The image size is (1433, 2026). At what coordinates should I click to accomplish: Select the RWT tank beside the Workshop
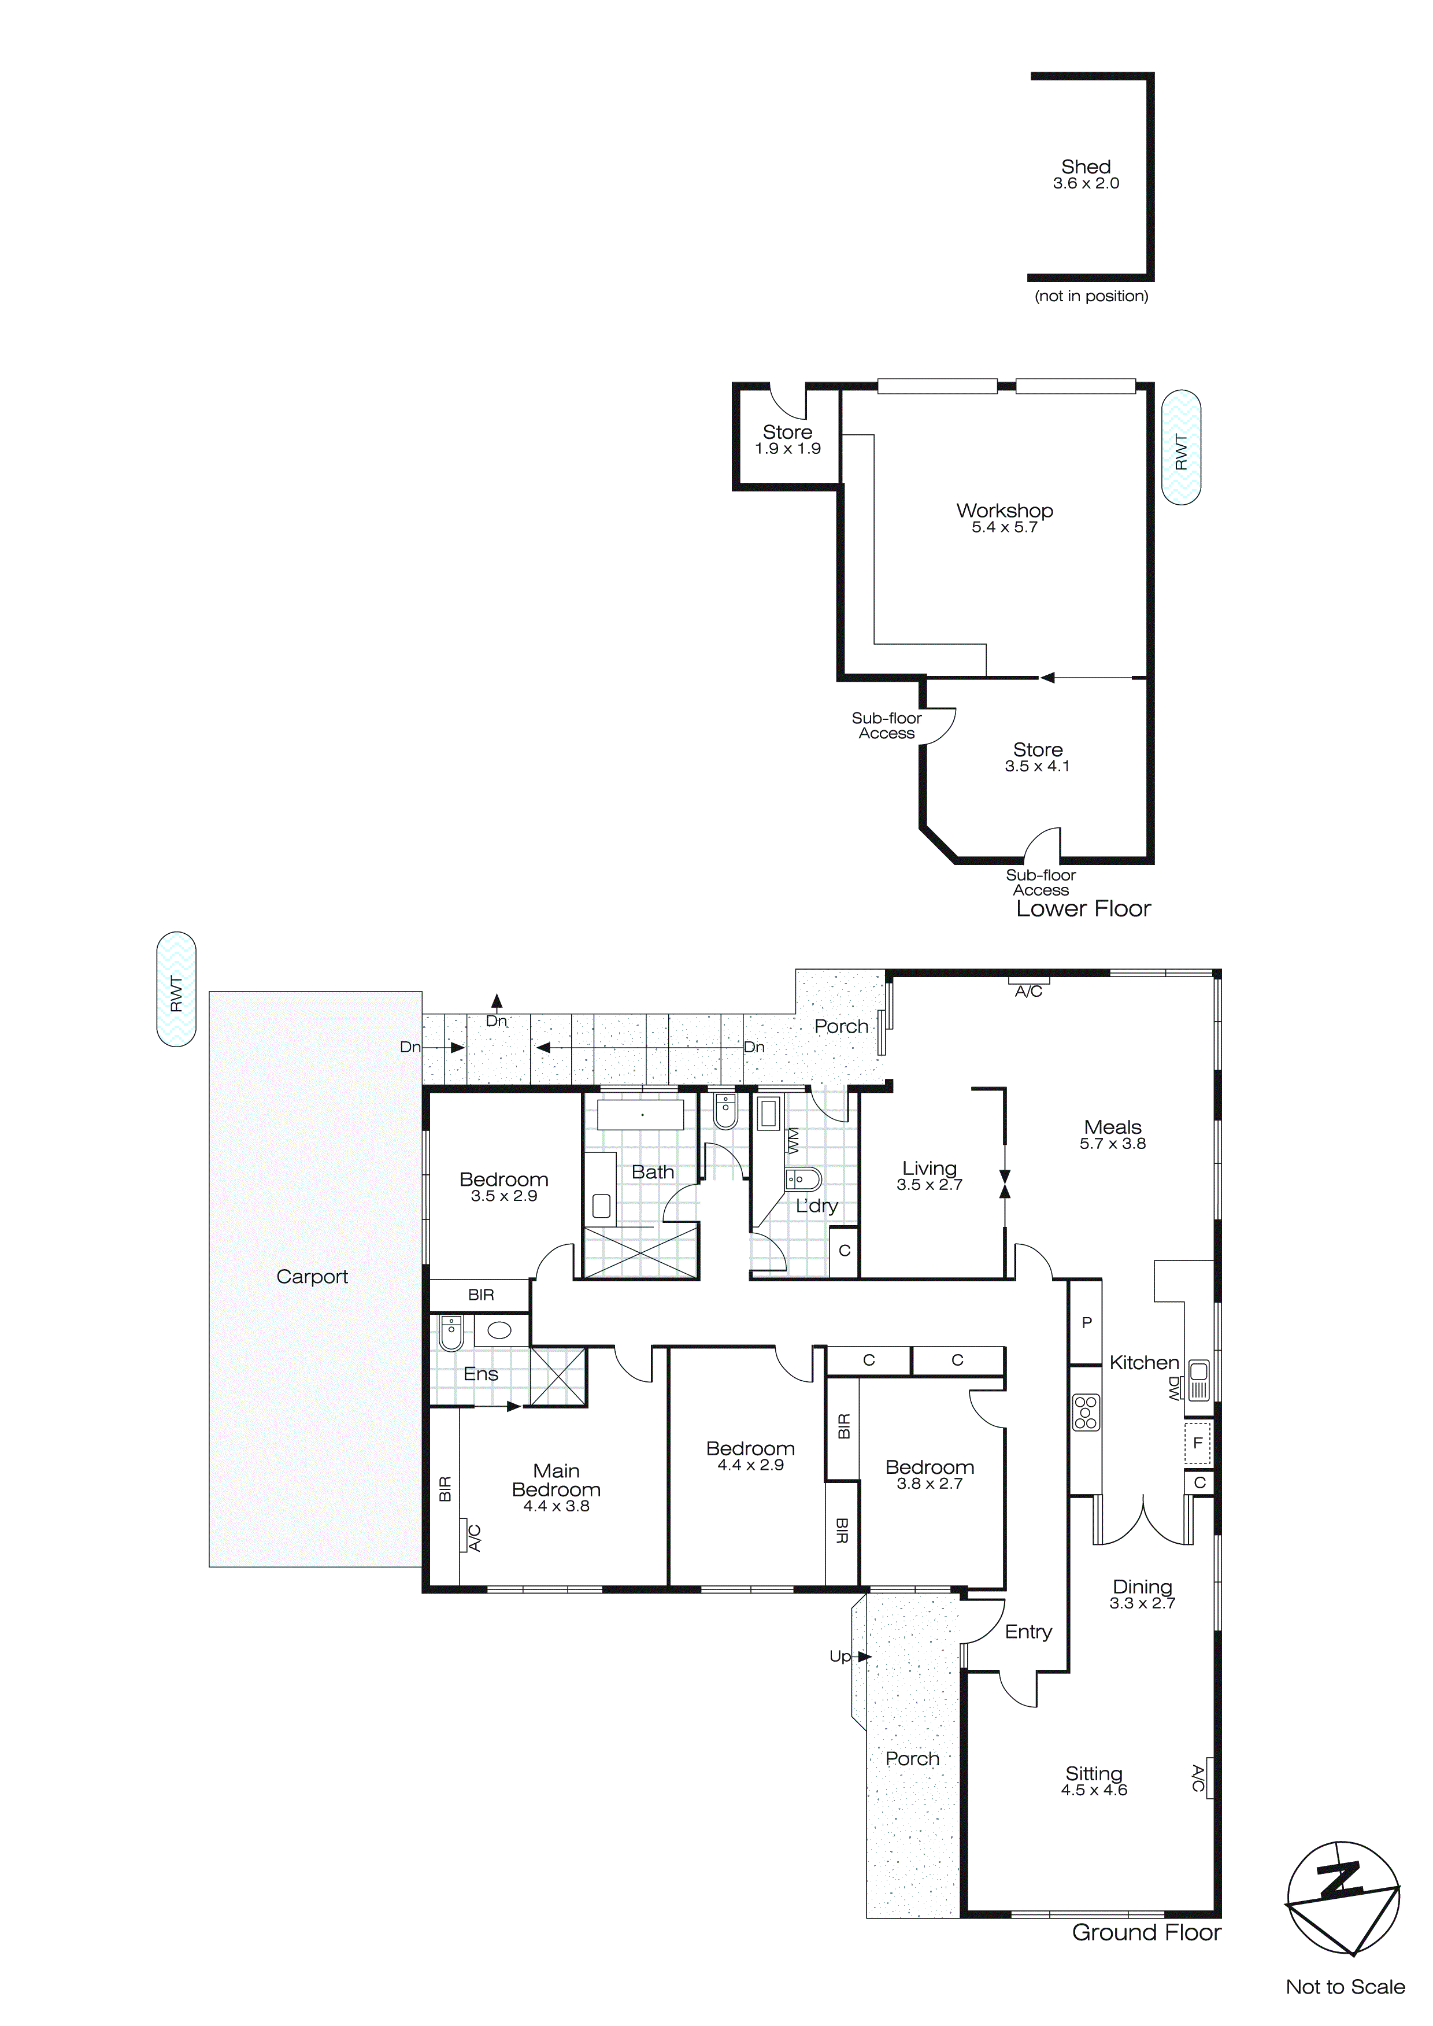point(1180,448)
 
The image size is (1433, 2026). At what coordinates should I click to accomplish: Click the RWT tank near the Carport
point(176,989)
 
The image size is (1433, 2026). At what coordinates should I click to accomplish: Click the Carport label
point(312,1277)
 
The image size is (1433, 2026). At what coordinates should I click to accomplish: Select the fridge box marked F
point(1197,1444)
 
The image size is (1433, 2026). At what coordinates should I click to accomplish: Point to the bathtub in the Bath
point(642,1115)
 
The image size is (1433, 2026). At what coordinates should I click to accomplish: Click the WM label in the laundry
point(793,1140)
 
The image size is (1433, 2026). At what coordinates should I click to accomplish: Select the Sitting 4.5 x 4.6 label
point(1093,1781)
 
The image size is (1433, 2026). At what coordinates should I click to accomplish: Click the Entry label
point(1028,1632)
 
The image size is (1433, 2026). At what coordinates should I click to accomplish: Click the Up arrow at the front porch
point(849,1657)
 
